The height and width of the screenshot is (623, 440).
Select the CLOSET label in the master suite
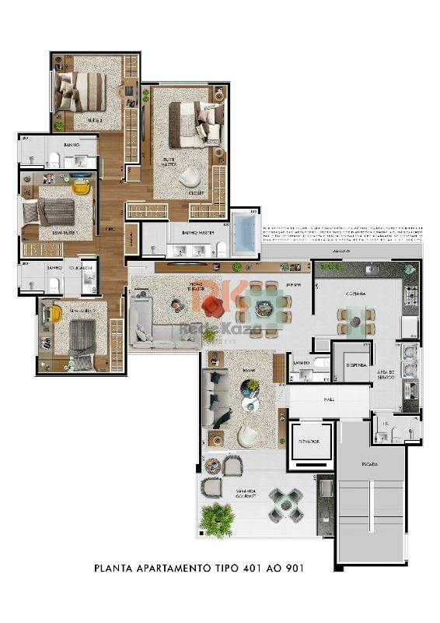196,192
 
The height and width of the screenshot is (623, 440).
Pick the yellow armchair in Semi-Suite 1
80,187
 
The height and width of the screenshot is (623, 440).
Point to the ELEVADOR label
309,441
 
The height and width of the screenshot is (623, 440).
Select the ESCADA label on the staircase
369,464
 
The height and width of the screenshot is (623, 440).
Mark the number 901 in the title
293,568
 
